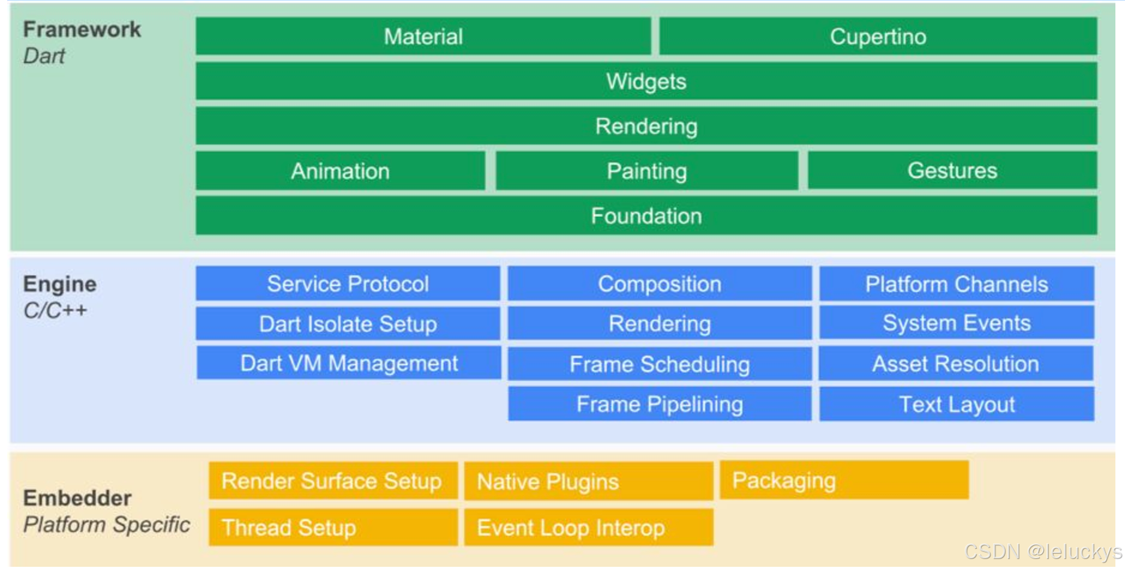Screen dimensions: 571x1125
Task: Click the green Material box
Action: coord(423,37)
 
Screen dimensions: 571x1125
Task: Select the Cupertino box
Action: coord(878,37)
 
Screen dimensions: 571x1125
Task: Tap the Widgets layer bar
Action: coord(646,82)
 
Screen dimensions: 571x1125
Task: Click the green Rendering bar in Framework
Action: coord(646,127)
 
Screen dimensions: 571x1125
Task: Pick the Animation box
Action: coord(340,172)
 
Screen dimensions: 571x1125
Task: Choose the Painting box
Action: coord(646,172)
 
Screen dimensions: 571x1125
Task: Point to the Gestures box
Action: coord(952,171)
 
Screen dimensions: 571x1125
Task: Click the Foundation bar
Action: coord(646,216)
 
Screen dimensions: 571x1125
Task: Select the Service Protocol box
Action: coord(348,284)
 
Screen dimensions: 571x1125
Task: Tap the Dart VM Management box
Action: coord(349,363)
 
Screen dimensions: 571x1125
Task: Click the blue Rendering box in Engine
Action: coord(660,324)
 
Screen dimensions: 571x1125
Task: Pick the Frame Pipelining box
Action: coord(660,404)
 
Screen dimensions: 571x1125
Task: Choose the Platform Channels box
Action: coord(956,284)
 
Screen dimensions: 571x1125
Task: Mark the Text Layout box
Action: coord(956,404)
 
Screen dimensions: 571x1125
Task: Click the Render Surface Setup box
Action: coord(333,481)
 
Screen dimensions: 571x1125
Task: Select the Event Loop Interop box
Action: coord(588,528)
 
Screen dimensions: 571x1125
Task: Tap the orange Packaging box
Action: coord(844,480)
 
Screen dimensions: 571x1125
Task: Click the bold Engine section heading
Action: coord(59,284)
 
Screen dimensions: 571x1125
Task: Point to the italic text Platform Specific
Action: coord(107,525)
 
